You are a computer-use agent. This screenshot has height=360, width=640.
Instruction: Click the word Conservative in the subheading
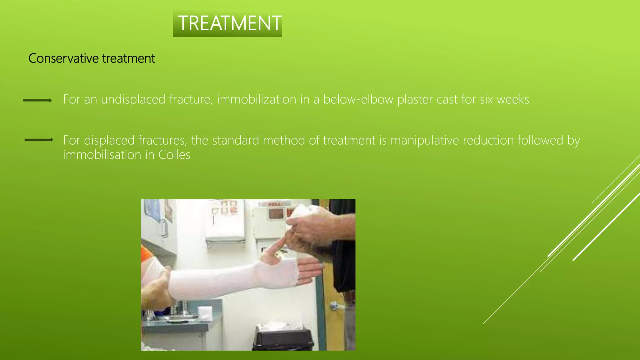(63, 58)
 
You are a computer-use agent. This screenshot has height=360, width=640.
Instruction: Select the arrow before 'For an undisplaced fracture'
(37, 100)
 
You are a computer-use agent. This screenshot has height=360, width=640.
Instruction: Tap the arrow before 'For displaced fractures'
(39, 140)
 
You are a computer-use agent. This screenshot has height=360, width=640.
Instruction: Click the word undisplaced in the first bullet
(133, 99)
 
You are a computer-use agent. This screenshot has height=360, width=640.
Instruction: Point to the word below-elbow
(358, 99)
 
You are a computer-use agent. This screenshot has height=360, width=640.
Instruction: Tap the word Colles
(174, 155)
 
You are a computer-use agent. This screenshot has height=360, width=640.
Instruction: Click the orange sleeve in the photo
(146, 254)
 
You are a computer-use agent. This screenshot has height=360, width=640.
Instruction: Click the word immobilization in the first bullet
(257, 99)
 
